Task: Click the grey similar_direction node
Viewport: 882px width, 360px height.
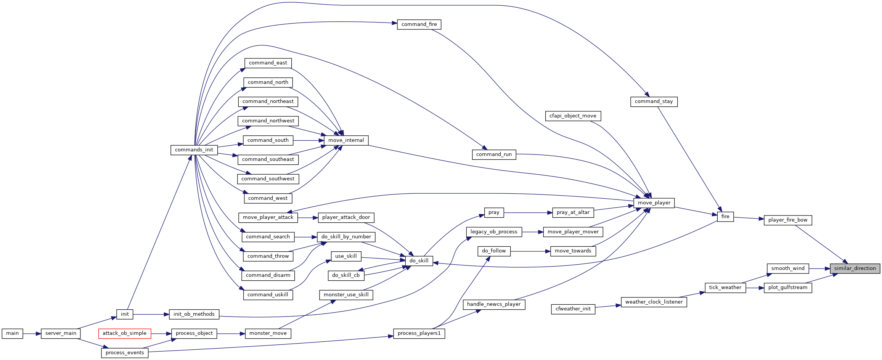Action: click(x=855, y=268)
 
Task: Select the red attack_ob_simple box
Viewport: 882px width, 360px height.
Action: click(x=125, y=333)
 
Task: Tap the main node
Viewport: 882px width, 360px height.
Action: click(x=12, y=333)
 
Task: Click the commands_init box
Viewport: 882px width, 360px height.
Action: click(x=194, y=150)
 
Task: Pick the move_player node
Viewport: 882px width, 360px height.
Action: click(x=654, y=203)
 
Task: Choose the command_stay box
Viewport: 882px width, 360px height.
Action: click(x=654, y=101)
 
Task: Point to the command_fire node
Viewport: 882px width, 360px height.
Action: click(x=419, y=24)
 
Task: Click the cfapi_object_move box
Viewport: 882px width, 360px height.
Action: click(x=573, y=116)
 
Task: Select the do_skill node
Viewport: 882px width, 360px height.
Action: click(x=419, y=261)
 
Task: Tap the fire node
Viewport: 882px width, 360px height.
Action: click(x=725, y=217)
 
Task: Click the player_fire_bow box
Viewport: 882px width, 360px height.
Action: click(x=788, y=220)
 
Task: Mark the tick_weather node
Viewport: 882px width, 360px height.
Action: click(x=725, y=288)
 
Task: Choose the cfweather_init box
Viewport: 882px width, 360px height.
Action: click(x=573, y=309)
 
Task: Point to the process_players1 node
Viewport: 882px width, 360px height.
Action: click(x=419, y=333)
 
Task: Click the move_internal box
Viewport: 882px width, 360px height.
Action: click(x=346, y=140)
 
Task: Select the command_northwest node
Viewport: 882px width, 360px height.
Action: click(x=268, y=121)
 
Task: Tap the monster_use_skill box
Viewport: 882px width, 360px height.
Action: click(x=346, y=295)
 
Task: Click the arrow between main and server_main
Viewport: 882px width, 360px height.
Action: click(x=32, y=333)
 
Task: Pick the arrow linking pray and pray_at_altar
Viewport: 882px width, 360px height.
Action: click(x=528, y=212)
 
